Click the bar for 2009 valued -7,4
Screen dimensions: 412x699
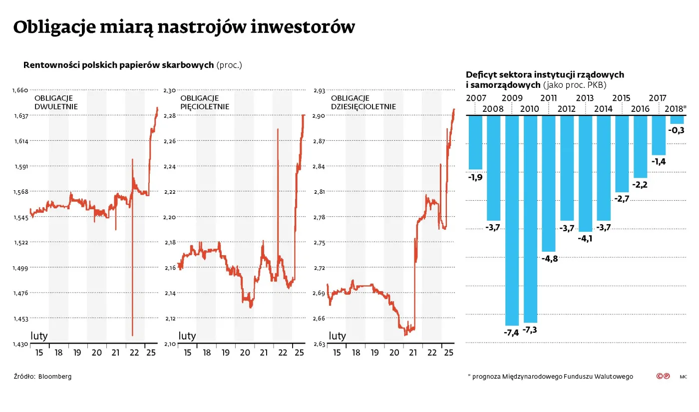512,220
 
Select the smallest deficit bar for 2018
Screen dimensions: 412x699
677,120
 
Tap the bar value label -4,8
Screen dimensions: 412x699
549,259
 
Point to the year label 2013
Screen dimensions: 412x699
585,98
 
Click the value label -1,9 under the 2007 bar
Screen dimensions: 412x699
475,177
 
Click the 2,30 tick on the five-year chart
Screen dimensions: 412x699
170,90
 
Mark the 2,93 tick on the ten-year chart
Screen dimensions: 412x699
319,90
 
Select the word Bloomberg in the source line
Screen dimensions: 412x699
55,376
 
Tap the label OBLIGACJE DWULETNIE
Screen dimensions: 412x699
56,102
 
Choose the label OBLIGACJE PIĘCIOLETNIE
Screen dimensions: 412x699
204,102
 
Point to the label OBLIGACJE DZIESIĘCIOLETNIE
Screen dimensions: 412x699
363,102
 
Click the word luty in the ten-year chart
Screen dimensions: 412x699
337,336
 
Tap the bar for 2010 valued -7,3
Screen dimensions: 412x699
530,219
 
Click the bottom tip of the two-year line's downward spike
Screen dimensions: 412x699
132,335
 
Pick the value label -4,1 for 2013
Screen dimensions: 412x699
585,239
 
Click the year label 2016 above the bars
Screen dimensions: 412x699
640,109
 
